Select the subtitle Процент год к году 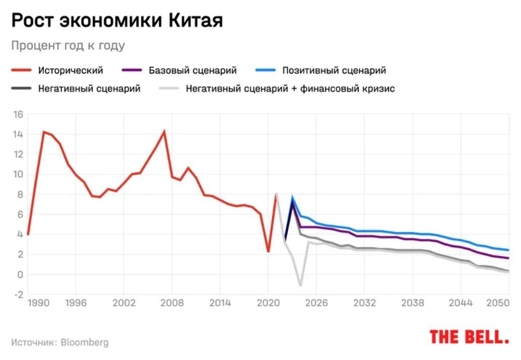68,45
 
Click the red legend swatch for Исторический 21,71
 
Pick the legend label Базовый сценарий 192,71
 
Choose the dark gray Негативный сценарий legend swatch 21,89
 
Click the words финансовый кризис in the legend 348,89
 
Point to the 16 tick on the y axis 18,114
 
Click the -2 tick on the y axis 18,295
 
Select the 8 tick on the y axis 20,195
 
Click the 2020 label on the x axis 268,303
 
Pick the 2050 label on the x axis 499,303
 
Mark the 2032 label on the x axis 365,303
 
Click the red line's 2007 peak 164,132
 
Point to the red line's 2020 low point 268,252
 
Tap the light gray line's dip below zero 300,286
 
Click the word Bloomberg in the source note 84,342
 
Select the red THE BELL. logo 469,337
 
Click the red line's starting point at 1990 28,234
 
